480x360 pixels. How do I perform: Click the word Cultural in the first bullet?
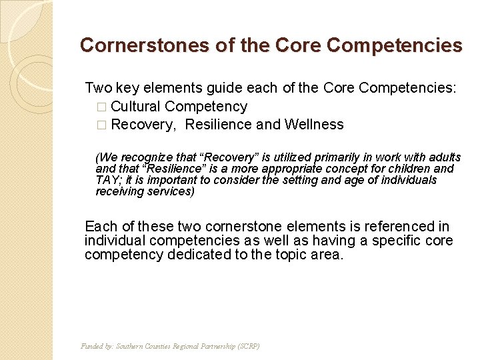tap(136, 107)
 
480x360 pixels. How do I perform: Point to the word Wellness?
tap(314, 125)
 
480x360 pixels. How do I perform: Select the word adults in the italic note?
tap(445, 157)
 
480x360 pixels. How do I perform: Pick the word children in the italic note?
tap(413, 169)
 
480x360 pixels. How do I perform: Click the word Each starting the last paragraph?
tap(100, 227)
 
